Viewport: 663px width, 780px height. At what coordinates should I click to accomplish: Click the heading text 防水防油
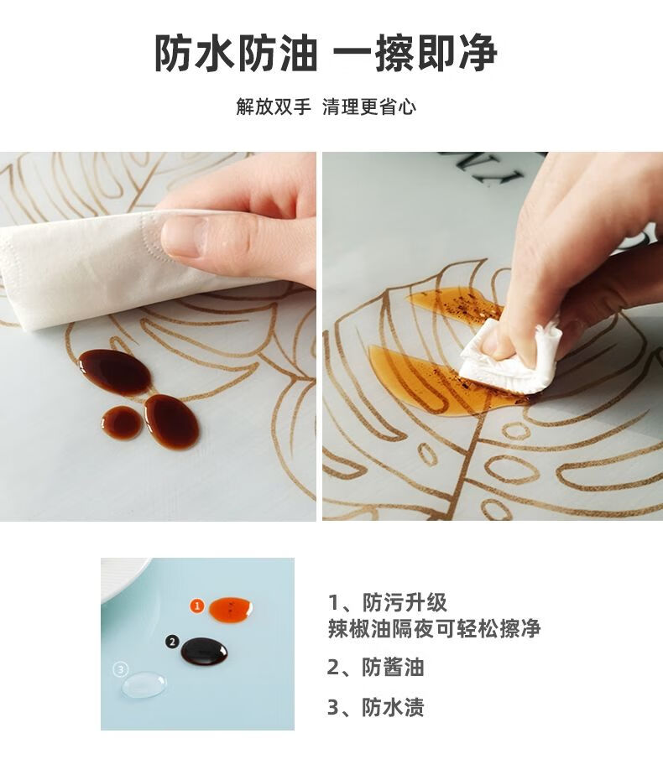(x=236, y=53)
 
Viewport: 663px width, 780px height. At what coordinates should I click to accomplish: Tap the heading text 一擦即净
(x=415, y=53)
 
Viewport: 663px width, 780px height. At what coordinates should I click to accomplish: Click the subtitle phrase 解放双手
(x=274, y=107)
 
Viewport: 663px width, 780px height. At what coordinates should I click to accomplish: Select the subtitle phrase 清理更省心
(x=368, y=107)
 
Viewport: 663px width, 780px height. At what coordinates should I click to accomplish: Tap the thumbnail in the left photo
(x=184, y=236)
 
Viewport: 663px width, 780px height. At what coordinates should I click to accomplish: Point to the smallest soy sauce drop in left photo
(x=121, y=422)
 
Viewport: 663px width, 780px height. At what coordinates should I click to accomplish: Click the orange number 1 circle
(x=197, y=606)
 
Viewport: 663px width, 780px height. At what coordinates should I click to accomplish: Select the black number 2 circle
(x=172, y=642)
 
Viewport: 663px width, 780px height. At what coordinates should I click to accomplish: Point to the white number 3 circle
(x=121, y=669)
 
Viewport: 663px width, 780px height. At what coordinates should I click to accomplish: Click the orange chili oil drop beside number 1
(x=231, y=608)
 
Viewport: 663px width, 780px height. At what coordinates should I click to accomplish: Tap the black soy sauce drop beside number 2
(x=204, y=651)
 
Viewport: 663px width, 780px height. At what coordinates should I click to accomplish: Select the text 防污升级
(x=405, y=602)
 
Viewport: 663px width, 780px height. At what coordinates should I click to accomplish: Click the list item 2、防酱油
(x=375, y=667)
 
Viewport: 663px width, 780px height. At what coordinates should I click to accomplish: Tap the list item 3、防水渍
(x=375, y=707)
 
